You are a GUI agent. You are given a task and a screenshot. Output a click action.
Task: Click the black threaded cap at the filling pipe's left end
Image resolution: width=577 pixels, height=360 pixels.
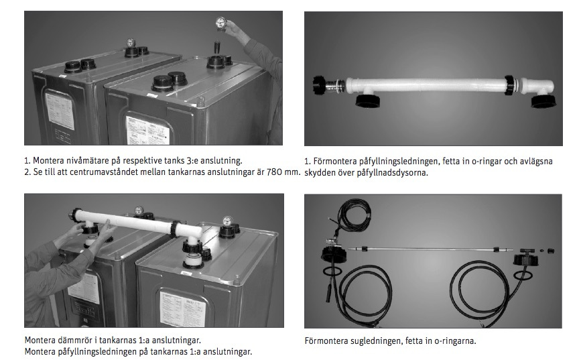click(319, 86)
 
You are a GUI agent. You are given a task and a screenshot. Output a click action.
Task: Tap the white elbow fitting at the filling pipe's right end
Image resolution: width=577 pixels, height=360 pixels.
click(540, 88)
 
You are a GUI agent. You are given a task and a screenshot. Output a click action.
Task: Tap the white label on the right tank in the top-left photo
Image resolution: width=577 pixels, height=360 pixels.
click(149, 131)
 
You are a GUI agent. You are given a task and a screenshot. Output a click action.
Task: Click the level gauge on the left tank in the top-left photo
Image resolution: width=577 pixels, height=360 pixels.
click(131, 43)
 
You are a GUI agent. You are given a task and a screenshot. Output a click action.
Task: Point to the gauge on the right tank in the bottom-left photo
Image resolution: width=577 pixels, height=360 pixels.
click(227, 222)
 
